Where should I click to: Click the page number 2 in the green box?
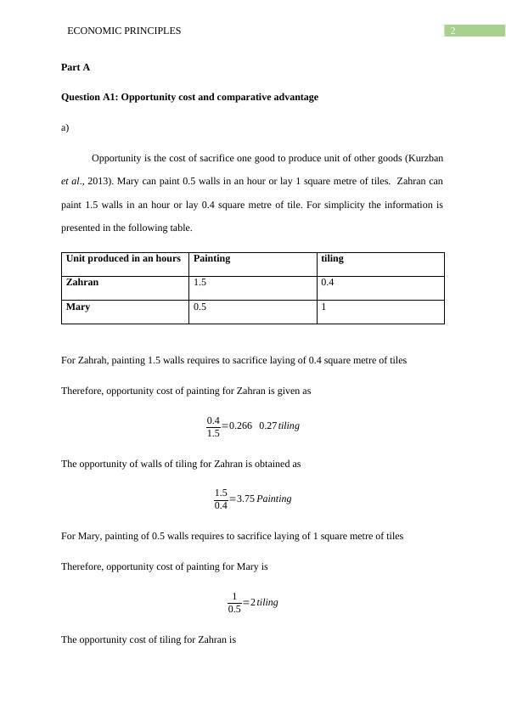453,31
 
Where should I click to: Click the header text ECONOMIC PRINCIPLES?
124,31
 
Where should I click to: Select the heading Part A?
76,67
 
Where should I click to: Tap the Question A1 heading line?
189,97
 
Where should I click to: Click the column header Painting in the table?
211,259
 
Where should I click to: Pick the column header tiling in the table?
332,259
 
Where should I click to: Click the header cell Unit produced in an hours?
123,259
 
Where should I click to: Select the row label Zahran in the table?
82,282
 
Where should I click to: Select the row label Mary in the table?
78,307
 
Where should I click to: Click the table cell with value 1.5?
200,283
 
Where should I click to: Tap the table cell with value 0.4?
328,283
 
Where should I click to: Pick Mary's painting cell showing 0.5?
200,307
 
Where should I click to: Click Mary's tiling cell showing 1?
324,307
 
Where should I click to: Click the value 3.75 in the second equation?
245,499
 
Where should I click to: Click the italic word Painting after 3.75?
274,499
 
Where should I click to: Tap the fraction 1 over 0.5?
234,602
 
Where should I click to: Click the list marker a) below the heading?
65,128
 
